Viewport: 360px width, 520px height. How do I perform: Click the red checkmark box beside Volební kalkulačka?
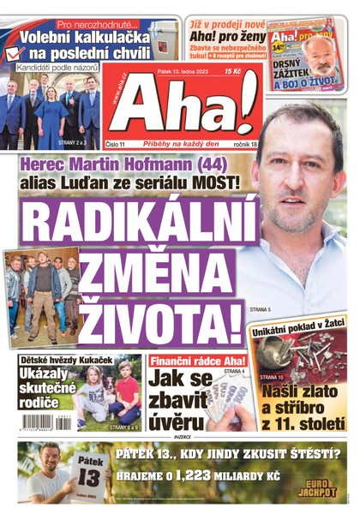11,52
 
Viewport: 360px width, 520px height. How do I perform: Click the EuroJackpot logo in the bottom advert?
317,486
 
